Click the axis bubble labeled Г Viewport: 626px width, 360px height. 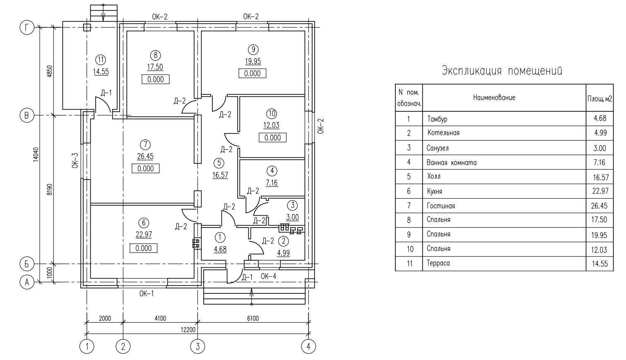27,27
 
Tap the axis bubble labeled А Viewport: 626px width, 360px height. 27,282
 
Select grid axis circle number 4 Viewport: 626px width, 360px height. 308,347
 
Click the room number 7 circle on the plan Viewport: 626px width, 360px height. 145,145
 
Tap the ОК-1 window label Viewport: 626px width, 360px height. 147,293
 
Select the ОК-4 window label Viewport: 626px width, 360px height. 268,276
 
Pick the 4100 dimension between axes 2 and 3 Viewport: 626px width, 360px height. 160,318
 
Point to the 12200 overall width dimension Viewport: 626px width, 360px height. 188,330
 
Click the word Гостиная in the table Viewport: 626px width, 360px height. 441,206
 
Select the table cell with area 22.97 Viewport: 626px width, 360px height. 600,191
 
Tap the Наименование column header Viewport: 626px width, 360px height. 494,98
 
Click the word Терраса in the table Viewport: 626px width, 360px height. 438,263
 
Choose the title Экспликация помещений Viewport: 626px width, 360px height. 502,71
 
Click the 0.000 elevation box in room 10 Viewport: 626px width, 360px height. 272,138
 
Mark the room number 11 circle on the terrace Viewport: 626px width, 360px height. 101,60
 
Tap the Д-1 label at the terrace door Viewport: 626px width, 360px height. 106,93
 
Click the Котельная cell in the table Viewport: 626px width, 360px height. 443,133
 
